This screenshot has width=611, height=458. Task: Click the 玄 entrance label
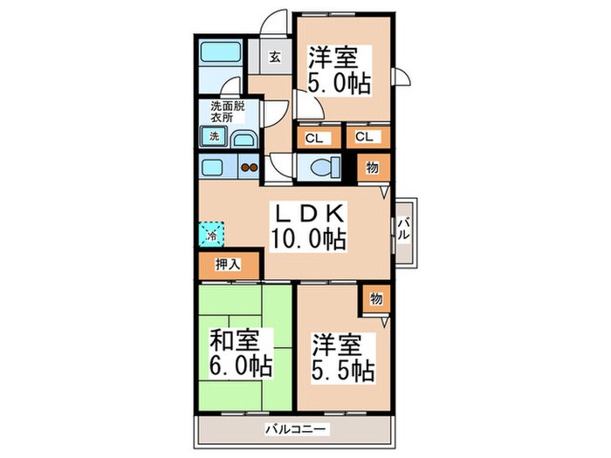coord(273,58)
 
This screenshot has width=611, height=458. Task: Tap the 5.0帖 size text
coord(340,83)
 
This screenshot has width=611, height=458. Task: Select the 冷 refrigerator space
coord(211,234)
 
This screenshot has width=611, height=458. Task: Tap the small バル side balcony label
coord(404,231)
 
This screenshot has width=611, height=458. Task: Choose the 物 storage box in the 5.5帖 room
coord(375,299)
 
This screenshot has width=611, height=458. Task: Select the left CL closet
coord(314,137)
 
